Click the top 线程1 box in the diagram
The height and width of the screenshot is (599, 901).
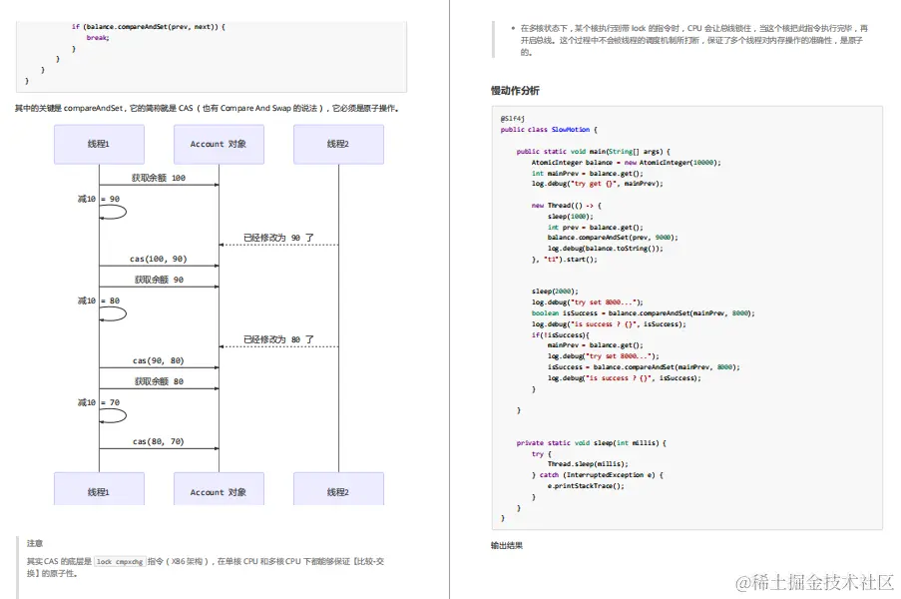click(x=98, y=144)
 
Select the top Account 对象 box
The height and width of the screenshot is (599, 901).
click(x=219, y=144)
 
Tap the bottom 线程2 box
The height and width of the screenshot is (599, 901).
click(x=338, y=491)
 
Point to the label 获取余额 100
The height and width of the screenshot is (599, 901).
click(x=159, y=178)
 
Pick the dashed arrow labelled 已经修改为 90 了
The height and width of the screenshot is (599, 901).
click(x=278, y=245)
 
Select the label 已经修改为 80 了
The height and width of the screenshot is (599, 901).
click(x=278, y=339)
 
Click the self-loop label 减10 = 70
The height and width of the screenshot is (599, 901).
click(x=99, y=402)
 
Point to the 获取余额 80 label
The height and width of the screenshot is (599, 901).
click(x=159, y=381)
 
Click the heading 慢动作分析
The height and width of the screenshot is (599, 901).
click(x=515, y=91)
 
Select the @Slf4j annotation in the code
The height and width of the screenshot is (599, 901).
click(x=513, y=119)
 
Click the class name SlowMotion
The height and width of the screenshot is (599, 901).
click(x=573, y=129)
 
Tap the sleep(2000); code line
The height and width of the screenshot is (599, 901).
click(x=555, y=292)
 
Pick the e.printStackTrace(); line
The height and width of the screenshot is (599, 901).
click(x=586, y=485)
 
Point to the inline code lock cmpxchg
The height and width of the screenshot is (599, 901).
click(x=120, y=562)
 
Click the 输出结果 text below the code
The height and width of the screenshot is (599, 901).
click(x=506, y=545)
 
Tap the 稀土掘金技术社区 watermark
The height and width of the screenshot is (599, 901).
click(x=815, y=581)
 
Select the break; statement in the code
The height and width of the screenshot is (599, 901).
click(x=97, y=37)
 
